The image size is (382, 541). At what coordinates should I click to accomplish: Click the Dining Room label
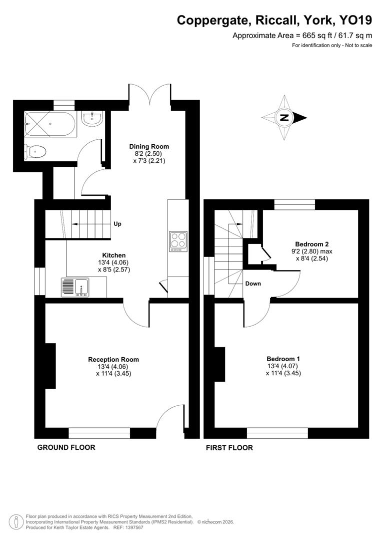pos(149,146)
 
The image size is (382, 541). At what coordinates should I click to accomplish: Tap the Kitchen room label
pos(114,255)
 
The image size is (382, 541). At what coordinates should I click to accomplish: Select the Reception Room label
pos(113,359)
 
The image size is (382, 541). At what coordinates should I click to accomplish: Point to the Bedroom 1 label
pos(283,359)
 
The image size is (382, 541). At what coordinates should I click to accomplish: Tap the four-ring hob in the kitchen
pos(177,241)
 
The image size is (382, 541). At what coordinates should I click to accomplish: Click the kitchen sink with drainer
pos(74,288)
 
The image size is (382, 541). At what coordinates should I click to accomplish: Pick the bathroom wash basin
pos(92,119)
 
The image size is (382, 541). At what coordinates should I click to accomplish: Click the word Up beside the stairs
pos(118,224)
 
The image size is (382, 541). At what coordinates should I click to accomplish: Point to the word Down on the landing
pos(253,284)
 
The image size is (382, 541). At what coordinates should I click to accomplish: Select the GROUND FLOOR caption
pos(66,447)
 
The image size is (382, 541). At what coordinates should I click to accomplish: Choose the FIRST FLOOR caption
pos(229,447)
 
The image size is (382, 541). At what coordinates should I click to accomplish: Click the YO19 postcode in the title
pos(355,20)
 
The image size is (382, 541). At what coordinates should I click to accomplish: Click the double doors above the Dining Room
pos(149,95)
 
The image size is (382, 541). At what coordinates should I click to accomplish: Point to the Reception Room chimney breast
pos(50,366)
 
